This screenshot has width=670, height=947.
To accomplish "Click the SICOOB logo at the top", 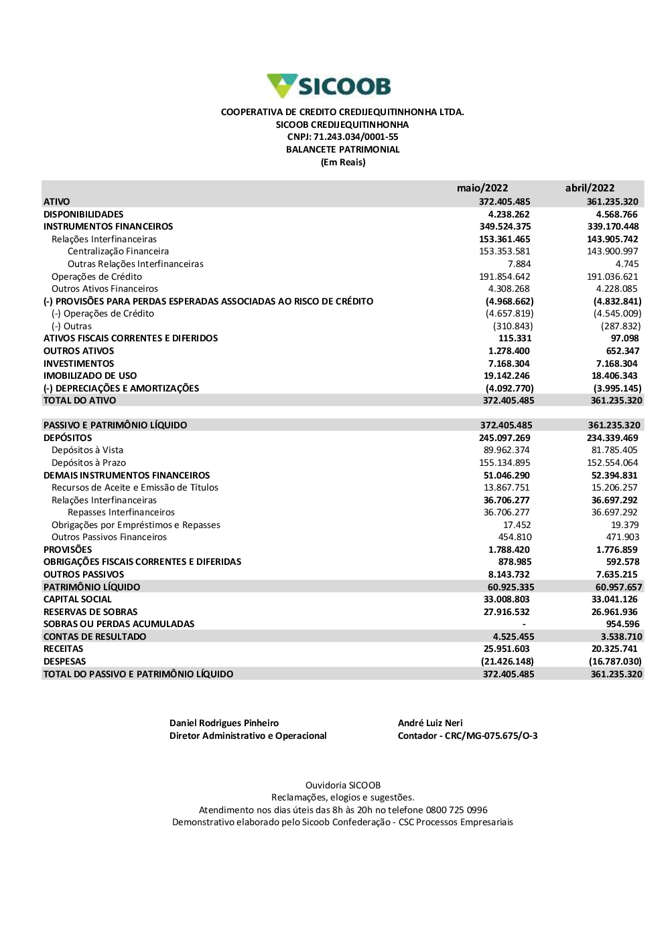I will point(329,86).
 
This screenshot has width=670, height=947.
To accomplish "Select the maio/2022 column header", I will point(482,188).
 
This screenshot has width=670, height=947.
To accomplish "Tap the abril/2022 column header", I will point(590,188).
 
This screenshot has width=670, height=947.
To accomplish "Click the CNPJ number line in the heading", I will point(342,137).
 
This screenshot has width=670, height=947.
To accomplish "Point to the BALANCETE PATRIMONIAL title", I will point(342,150).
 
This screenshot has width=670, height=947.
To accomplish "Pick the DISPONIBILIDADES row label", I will point(84,214).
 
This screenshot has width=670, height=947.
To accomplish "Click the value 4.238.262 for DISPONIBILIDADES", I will point(509,214).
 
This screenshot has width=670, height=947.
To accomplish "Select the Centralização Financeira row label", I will point(118,252).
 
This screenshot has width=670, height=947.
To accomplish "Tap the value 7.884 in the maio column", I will point(519,264).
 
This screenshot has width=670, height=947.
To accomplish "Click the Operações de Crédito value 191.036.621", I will point(612,276).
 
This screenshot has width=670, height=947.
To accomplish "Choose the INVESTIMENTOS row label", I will point(79,363).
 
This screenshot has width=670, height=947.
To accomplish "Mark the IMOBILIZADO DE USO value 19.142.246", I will point(507,376).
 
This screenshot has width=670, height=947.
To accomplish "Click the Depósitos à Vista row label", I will point(87,450).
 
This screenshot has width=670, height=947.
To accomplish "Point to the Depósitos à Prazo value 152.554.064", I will point(614,463).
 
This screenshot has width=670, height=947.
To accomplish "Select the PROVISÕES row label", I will point(68,549).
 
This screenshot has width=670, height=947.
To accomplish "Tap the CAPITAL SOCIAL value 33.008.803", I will point(507,600).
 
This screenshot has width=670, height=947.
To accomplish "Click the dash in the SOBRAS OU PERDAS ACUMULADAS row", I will point(524,624).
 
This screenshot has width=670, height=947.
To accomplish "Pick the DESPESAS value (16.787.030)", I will point(615,662).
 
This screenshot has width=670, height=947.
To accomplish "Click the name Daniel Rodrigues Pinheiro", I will point(224,723).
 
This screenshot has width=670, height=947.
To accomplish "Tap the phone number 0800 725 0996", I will point(456,810).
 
